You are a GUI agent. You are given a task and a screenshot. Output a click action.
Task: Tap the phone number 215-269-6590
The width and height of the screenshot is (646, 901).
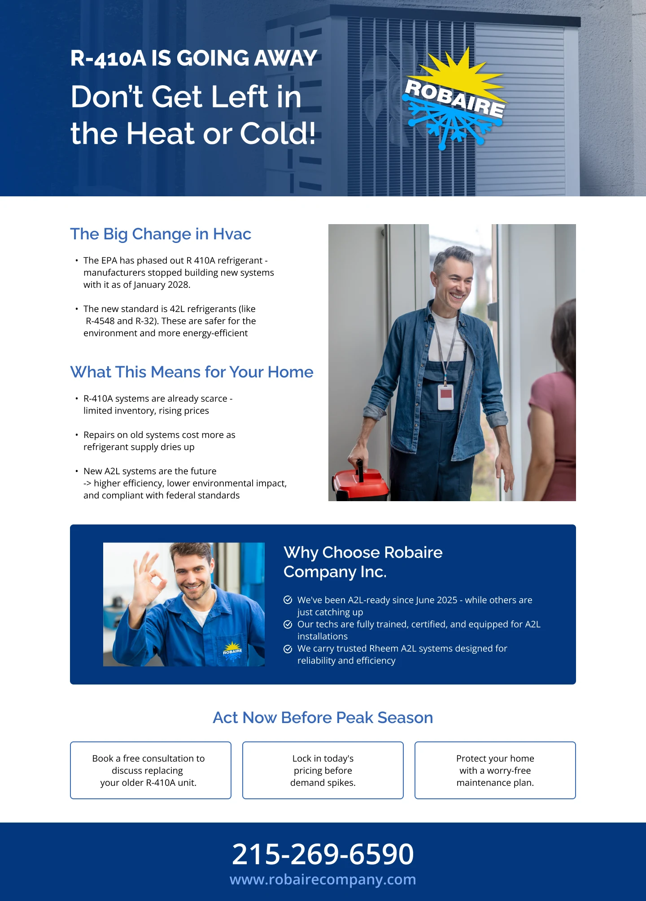[323, 854]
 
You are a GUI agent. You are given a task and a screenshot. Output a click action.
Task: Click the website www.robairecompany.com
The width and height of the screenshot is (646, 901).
[323, 879]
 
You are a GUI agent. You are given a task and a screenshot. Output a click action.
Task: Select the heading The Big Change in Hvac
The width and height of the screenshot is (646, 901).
[161, 234]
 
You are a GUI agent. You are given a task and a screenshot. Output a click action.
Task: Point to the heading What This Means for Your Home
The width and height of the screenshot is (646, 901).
[192, 372]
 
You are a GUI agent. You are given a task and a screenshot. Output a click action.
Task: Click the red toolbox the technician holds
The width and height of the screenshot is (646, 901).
[359, 484]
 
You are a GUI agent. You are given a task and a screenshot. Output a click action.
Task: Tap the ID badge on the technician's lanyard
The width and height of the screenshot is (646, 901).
[445, 396]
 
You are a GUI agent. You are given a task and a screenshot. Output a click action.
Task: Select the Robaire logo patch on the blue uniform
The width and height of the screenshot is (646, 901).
[232, 650]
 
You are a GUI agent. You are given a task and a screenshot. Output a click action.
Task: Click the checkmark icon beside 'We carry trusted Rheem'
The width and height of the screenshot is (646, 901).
[288, 649]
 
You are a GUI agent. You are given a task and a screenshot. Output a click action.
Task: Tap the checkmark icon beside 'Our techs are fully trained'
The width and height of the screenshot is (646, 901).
[288, 624]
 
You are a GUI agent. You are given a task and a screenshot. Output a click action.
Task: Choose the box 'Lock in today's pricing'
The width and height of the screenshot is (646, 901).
[323, 770]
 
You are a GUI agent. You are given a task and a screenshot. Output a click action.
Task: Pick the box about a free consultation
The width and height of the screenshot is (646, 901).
[151, 770]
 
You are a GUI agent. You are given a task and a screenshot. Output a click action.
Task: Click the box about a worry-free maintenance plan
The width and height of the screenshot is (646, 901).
[495, 770]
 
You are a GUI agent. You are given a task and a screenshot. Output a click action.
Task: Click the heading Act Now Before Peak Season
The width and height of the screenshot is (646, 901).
[323, 718]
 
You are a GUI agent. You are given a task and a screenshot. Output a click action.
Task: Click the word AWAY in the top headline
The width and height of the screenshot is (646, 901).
[286, 58]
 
